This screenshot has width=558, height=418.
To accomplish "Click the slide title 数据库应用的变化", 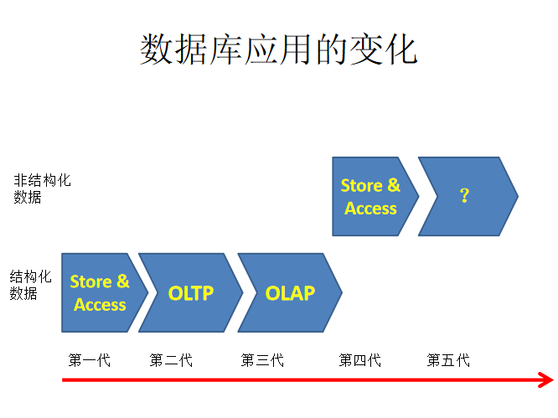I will tap(278, 50).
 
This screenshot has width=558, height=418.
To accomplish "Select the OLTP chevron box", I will tap(191, 292).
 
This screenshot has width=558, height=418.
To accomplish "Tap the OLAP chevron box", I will tap(290, 292).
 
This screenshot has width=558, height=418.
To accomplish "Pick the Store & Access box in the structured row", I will tap(100, 292).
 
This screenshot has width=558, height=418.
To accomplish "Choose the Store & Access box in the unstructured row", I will tap(370, 196).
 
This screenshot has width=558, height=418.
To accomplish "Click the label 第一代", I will tap(89, 360).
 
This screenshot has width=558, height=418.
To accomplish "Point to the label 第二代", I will tap(171, 360).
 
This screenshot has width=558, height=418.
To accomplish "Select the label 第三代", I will tap(262, 360).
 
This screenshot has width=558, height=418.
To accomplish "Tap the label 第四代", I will tap(359, 360).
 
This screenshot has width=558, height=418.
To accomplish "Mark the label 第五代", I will tap(448, 360).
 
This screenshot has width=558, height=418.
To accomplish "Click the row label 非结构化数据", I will tap(42, 188).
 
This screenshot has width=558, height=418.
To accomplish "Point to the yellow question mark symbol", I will tap(464, 195).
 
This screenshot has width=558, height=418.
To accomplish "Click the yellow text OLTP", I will tap(191, 293).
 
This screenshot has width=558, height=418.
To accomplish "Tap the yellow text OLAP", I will tap(290, 293).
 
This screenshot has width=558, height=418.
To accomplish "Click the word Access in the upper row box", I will tap(370, 209).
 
